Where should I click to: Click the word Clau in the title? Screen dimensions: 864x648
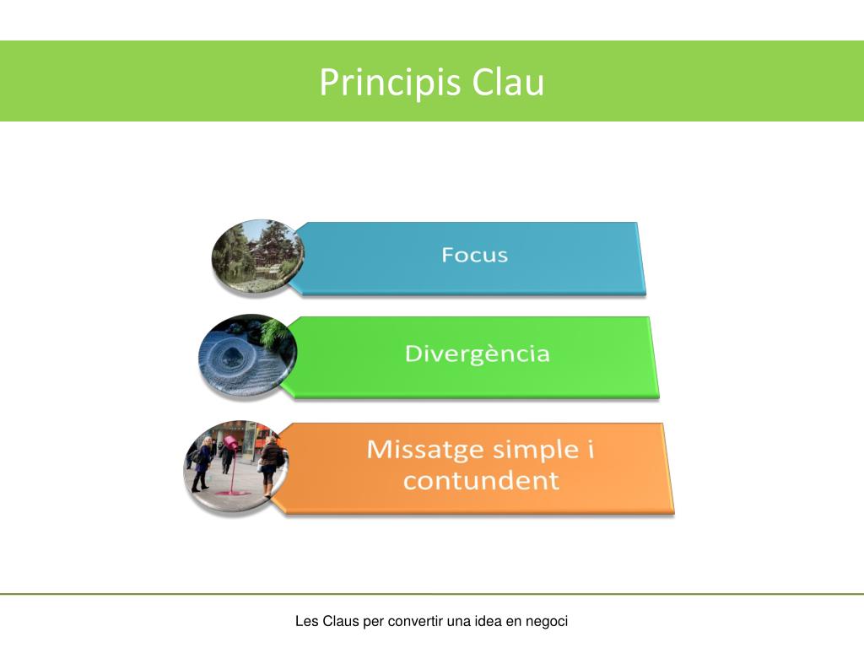[x=508, y=83]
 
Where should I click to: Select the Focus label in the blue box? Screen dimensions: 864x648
[x=475, y=255]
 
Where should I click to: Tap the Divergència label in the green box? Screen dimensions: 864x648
[x=477, y=354]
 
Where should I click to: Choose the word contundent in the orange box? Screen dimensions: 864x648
[x=481, y=481]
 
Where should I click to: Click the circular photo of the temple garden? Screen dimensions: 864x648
[x=256, y=256]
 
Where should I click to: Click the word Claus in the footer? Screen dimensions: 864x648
[x=341, y=622]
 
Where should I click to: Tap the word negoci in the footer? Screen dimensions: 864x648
[x=547, y=622]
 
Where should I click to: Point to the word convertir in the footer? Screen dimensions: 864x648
[x=415, y=622]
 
